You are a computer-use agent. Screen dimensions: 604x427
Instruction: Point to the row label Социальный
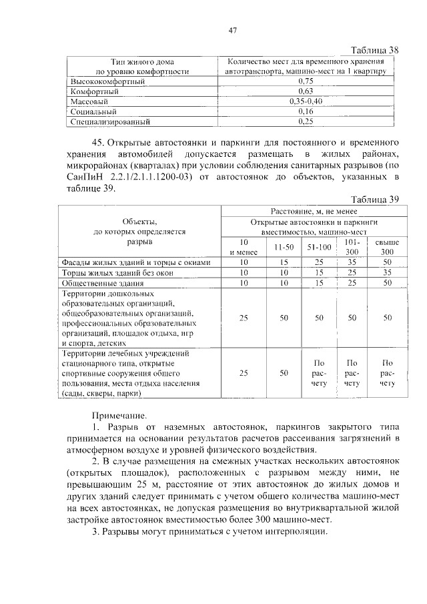click(x=94, y=112)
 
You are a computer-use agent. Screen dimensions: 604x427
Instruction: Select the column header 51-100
click(x=319, y=247)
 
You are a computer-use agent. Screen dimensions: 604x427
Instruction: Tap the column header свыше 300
click(x=387, y=247)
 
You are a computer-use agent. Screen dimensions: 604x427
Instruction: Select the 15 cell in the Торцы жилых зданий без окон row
click(x=319, y=272)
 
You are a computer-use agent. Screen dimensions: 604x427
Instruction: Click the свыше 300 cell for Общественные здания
click(x=387, y=283)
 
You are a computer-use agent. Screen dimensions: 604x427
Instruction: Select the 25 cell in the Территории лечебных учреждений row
click(x=244, y=373)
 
